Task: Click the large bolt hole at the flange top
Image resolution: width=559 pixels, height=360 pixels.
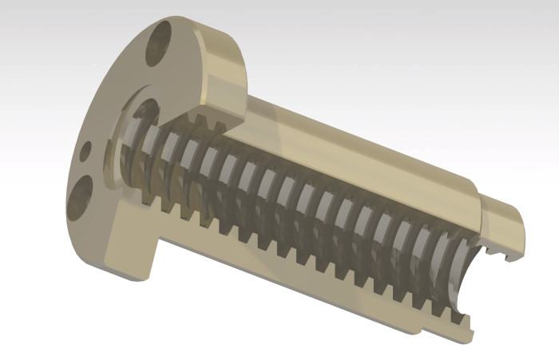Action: [158, 42]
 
